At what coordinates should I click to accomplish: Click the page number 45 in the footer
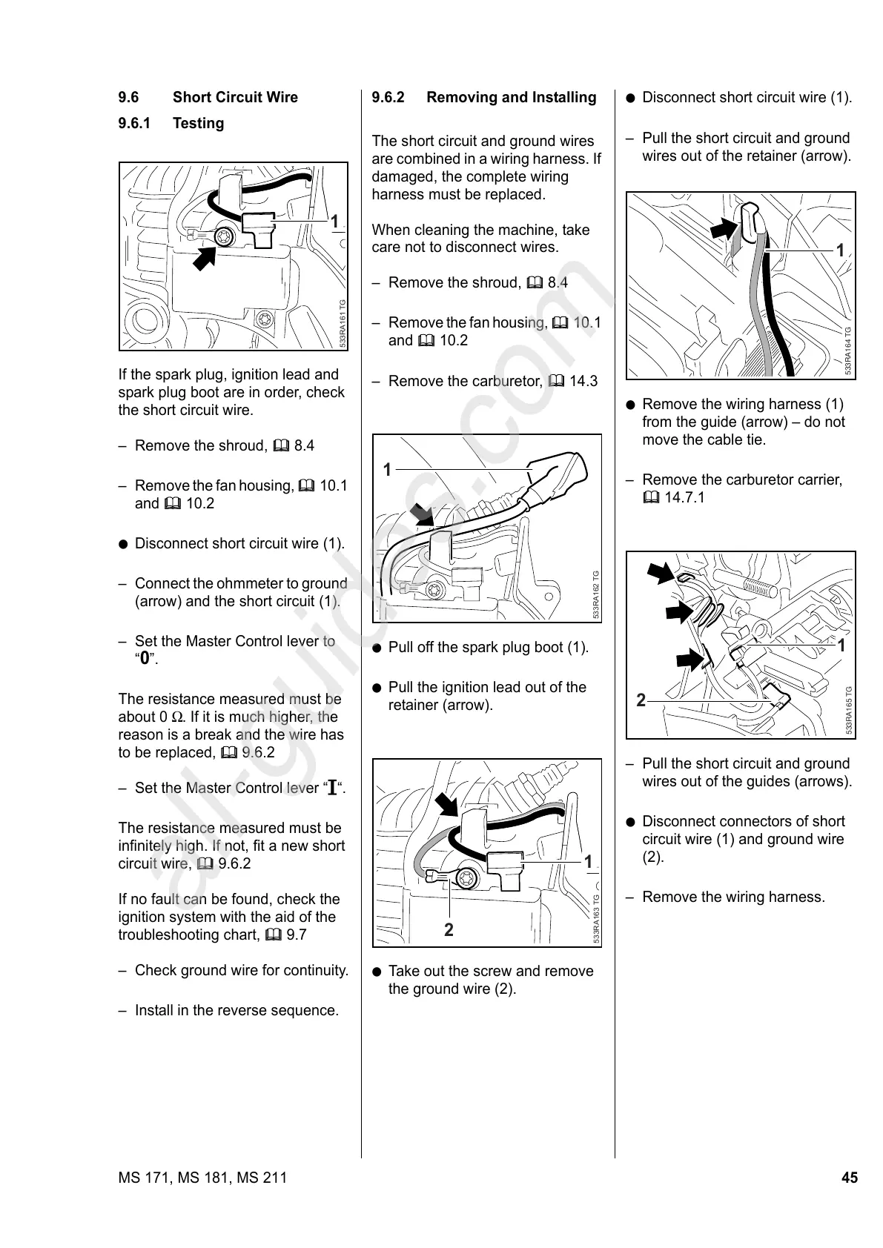[849, 1178]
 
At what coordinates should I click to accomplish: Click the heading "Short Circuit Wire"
[235, 97]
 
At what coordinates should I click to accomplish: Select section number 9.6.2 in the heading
[388, 97]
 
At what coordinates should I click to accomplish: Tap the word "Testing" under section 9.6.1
[198, 123]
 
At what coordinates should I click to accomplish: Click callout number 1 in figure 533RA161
[334, 222]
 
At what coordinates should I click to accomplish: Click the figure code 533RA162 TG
[596, 594]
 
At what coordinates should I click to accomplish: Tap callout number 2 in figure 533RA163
[449, 930]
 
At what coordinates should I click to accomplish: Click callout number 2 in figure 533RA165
[641, 700]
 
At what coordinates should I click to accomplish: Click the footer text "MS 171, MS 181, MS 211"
[202, 1178]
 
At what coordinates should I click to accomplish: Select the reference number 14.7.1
[685, 497]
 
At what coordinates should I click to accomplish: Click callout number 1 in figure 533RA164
[840, 250]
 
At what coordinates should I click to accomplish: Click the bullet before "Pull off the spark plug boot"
[377, 648]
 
